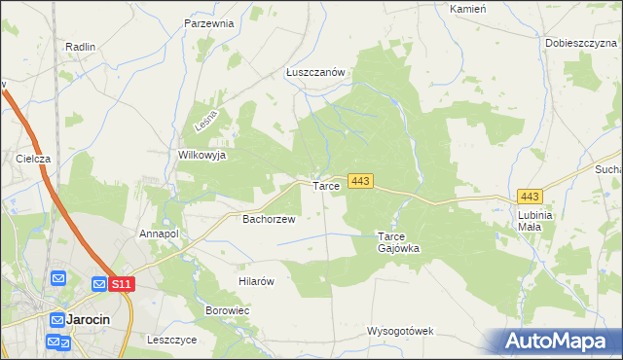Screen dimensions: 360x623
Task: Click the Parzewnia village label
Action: click(x=209, y=22)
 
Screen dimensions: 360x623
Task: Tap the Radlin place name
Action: click(x=80, y=46)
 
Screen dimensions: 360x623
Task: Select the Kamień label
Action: click(x=467, y=8)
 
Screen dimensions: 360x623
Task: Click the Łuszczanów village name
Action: click(x=316, y=72)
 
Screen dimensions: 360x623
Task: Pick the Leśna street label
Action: click(x=204, y=121)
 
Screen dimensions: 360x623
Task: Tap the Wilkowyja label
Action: click(x=202, y=155)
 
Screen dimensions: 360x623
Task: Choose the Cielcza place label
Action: click(x=33, y=158)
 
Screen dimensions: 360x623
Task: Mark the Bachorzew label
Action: click(x=268, y=219)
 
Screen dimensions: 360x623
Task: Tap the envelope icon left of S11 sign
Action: click(x=98, y=283)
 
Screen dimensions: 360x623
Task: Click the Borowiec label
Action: click(x=228, y=310)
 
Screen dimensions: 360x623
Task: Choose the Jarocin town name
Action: click(x=88, y=319)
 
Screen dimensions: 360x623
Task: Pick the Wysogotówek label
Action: click(x=399, y=331)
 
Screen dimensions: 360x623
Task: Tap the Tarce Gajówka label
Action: click(x=398, y=241)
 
